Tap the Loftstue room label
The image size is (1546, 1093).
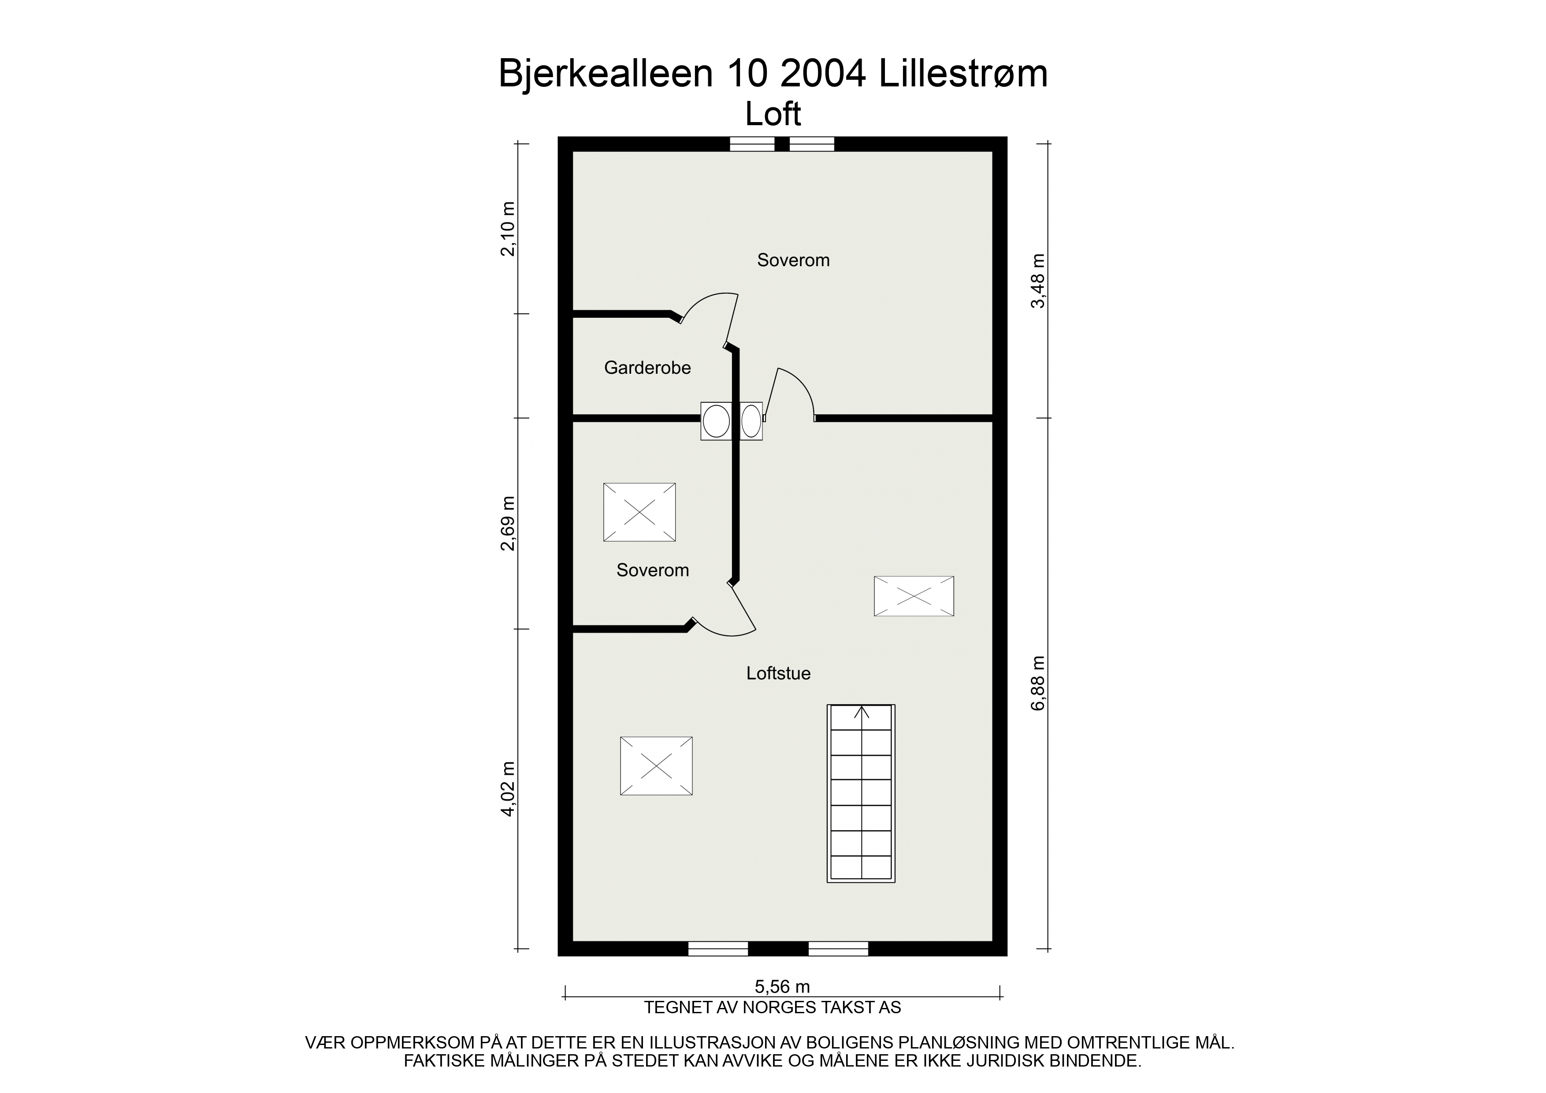click(778, 673)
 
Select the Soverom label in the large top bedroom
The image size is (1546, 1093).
click(793, 260)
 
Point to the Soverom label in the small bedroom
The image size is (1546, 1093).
click(653, 570)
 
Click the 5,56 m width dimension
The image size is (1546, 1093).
click(782, 987)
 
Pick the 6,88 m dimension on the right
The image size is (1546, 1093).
click(1039, 683)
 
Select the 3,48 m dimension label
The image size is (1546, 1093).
click(1039, 281)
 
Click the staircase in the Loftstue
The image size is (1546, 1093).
click(861, 793)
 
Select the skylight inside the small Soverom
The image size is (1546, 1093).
click(639, 512)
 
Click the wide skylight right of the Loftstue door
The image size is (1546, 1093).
click(914, 596)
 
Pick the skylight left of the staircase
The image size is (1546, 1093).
click(656, 766)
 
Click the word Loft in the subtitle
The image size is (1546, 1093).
click(773, 115)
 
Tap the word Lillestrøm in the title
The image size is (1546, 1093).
click(963, 74)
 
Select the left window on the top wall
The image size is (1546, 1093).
click(752, 144)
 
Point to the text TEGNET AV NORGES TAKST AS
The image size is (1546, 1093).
click(772, 1007)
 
